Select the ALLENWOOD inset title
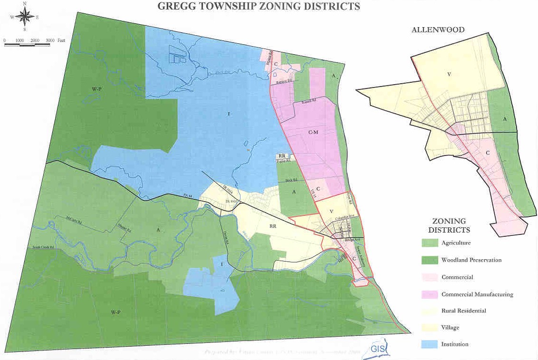(438, 29)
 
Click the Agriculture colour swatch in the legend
(430, 243)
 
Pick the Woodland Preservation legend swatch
(430, 260)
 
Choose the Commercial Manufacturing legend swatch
(430, 294)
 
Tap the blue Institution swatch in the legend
(430, 344)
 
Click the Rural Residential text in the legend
(463, 311)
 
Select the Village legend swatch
(430, 327)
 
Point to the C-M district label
(313, 132)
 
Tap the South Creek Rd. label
(43, 248)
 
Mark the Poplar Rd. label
(284, 161)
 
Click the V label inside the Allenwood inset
(448, 74)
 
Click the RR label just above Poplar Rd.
(282, 156)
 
